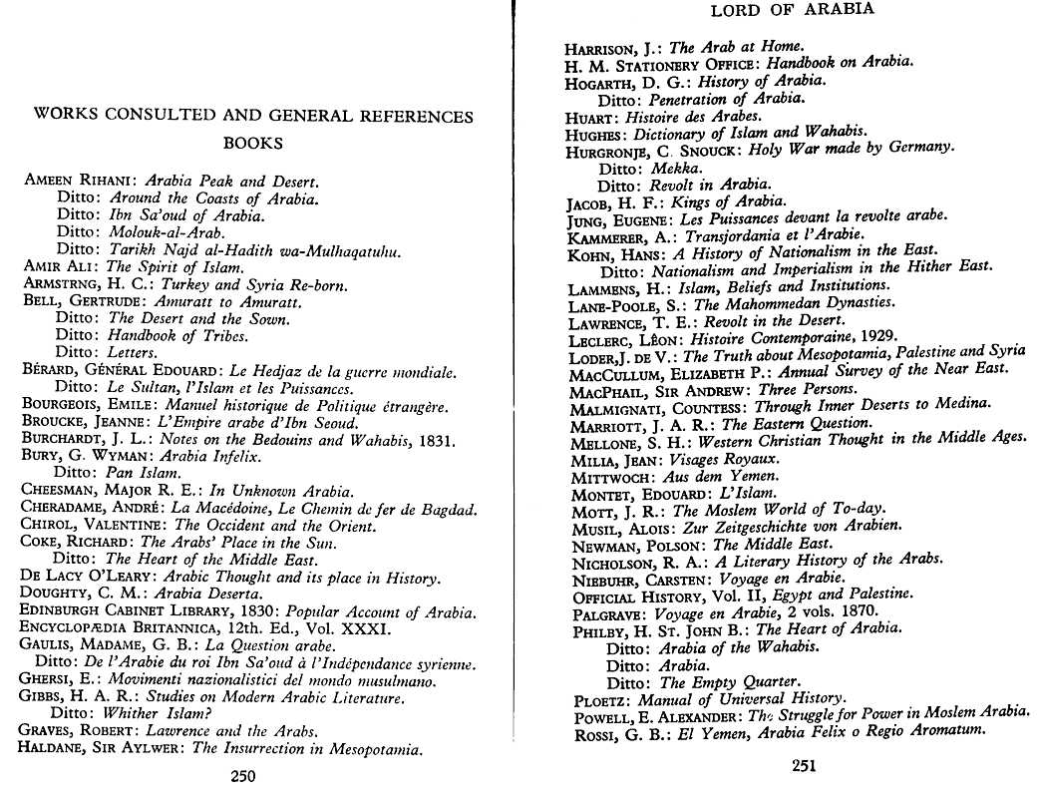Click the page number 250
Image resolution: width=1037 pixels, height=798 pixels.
click(243, 776)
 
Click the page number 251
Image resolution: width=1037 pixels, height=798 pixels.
click(805, 766)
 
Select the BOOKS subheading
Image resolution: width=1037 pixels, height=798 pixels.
click(252, 143)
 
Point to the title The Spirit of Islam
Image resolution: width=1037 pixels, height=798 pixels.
click(174, 267)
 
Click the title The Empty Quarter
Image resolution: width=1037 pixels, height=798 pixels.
click(730, 682)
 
